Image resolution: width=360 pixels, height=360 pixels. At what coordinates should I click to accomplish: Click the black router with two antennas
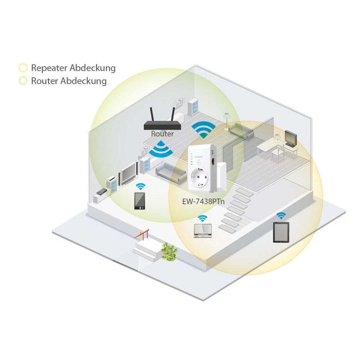pos(162,125)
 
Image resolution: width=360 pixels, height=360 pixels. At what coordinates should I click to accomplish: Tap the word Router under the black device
pos(162,134)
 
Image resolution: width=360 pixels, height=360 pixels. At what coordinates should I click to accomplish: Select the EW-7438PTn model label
pos(203,201)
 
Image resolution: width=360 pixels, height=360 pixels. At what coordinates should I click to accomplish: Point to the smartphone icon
pos(140,201)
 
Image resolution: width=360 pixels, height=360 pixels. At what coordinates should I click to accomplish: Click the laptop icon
pos(202,231)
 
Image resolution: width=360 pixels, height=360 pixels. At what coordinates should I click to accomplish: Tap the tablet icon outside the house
pos(281,232)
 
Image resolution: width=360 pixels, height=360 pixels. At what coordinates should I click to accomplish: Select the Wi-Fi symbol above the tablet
pos(281,215)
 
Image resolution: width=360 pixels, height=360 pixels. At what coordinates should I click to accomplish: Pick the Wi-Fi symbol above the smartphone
pos(140,186)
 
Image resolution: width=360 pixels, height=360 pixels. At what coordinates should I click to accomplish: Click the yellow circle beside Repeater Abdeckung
pos(23,68)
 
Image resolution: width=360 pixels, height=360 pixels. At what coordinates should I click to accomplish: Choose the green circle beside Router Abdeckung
pos(23,81)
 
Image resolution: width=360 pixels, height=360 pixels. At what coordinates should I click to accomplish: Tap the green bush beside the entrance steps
pos(169,250)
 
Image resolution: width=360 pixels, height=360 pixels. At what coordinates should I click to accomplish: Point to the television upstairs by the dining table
pos(291,137)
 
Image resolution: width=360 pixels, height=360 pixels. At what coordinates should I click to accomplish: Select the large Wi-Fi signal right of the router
pos(203,130)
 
